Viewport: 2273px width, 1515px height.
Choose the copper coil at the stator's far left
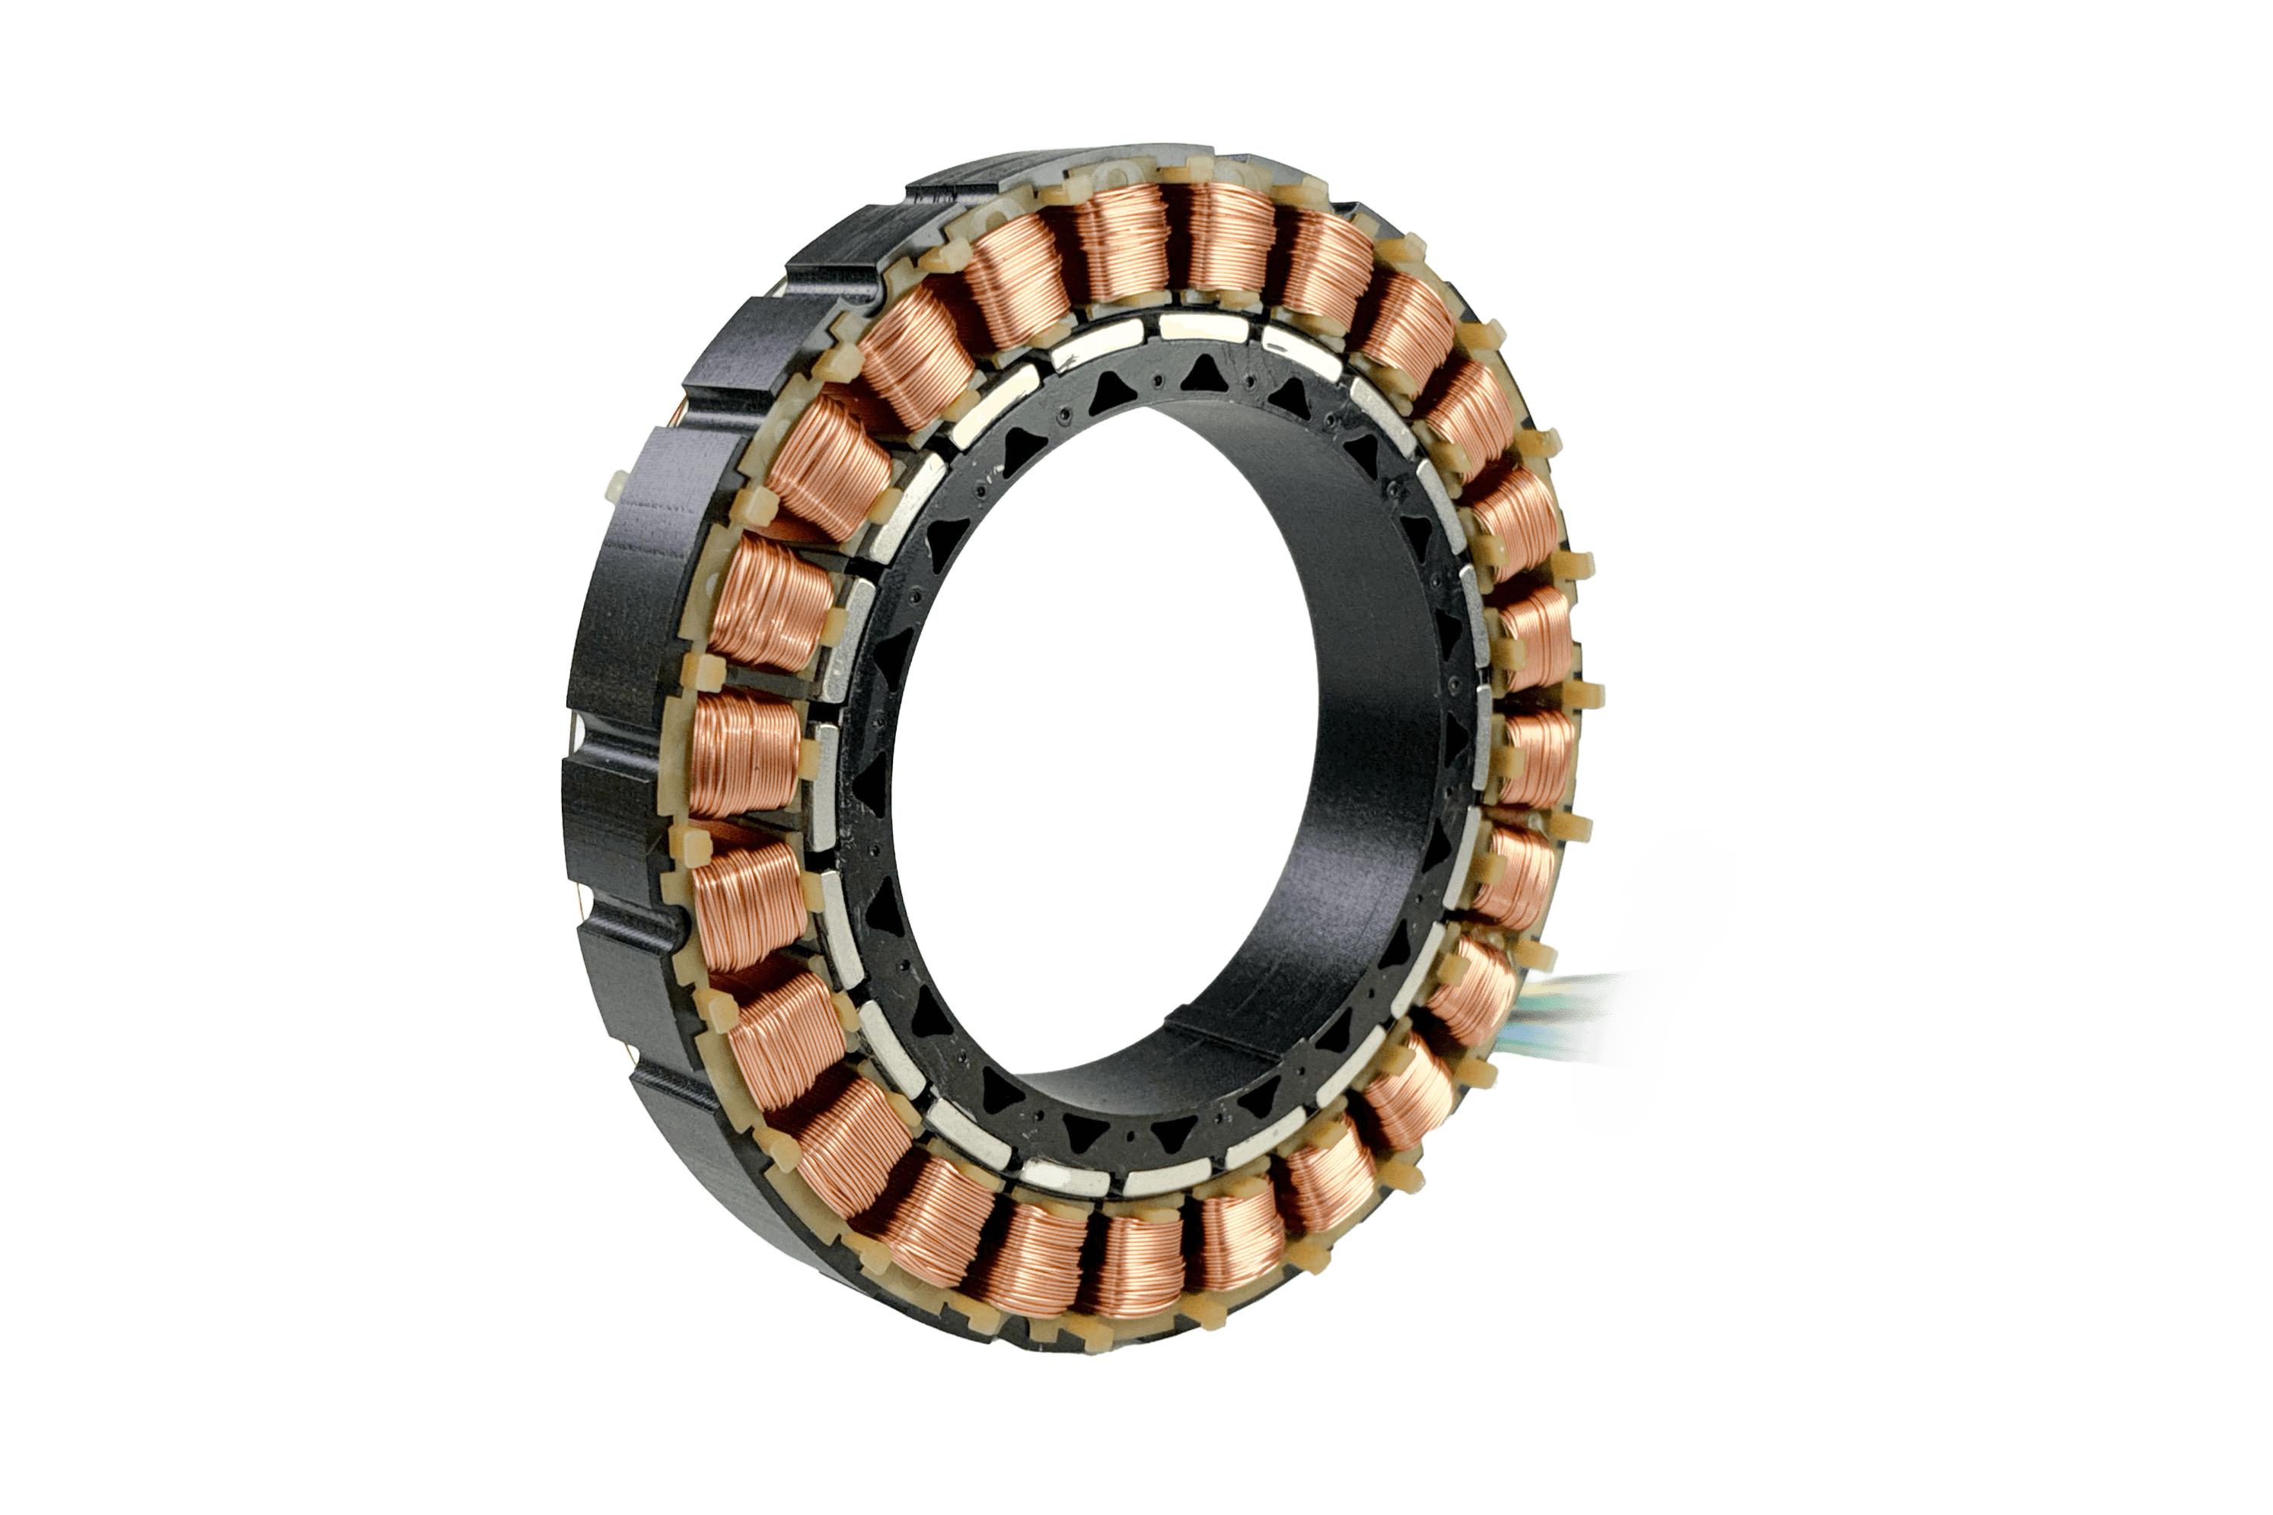tap(744, 753)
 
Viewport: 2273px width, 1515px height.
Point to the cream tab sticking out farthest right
tap(1592, 694)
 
